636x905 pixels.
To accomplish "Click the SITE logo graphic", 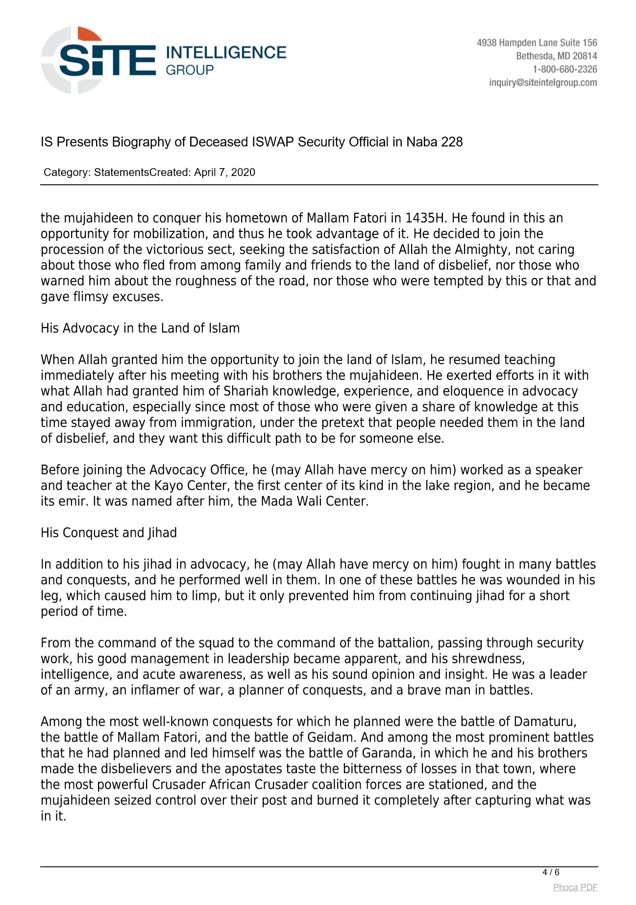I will [x=98, y=60].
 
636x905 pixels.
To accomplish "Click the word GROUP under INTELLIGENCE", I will [x=190, y=70].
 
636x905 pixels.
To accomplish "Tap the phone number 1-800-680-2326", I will [x=564, y=69].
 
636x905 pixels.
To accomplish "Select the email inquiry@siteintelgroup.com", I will [x=543, y=82].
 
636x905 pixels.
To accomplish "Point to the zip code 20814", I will [x=585, y=56].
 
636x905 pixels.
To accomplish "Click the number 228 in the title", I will [x=452, y=142].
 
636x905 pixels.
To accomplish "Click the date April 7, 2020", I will [x=224, y=172].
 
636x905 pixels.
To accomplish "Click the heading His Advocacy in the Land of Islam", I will [x=140, y=328].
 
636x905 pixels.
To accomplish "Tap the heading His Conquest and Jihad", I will [x=109, y=533].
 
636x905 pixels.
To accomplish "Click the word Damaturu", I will [x=545, y=722].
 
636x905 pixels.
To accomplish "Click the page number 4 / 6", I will [x=551, y=872].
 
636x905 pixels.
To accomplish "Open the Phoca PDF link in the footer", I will [x=575, y=887].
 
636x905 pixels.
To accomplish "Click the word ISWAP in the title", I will [x=273, y=142].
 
